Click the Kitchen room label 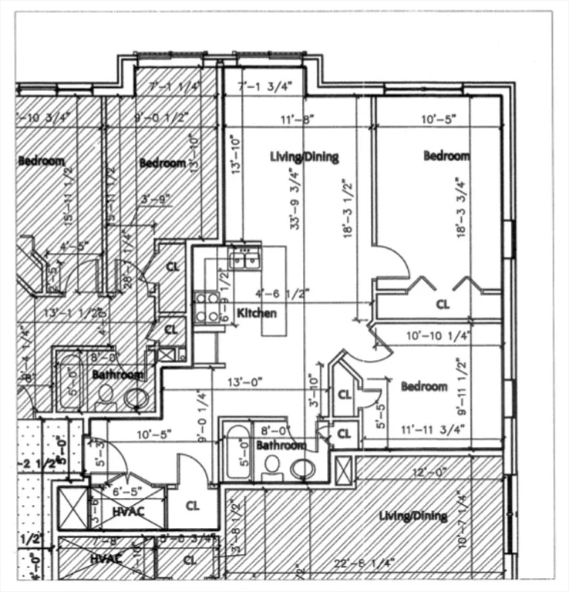(257, 314)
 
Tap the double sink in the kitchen (245, 261)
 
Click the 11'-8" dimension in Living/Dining (298, 120)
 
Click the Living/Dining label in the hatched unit (412, 516)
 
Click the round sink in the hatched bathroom (137, 398)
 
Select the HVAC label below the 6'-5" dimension (128, 510)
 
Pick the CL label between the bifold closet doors (443, 304)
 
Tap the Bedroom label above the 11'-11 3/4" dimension (423, 386)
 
